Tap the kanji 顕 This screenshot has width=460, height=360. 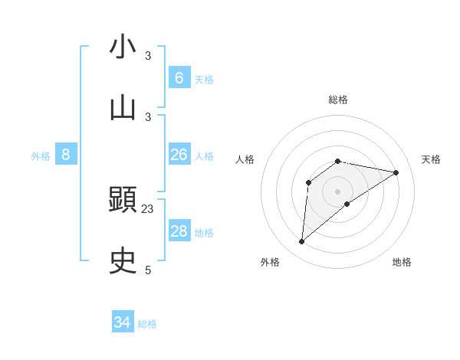pos(123,201)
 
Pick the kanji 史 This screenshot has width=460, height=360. pos(123,261)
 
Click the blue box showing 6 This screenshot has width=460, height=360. pos(179,77)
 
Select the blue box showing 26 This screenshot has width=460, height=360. pos(179,155)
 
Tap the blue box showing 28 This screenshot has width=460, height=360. pos(179,231)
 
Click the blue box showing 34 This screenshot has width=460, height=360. pos(123,322)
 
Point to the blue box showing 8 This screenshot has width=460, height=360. pos(66,155)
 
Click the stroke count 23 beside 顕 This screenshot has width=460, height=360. pos(148,208)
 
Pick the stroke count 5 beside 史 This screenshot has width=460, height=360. pos(148,270)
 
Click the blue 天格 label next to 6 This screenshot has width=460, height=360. pos(204,79)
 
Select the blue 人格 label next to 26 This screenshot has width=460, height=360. pos(204,156)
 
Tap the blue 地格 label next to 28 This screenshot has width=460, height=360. pos(204,233)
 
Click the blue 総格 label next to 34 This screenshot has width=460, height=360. pos(147,324)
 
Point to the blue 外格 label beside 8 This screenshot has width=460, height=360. pos(41,156)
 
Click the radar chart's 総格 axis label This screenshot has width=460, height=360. pos(338,100)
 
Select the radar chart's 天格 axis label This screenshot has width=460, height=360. pos(432,159)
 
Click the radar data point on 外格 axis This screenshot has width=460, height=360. pos(301,242)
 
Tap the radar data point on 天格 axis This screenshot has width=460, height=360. pos(396,172)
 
